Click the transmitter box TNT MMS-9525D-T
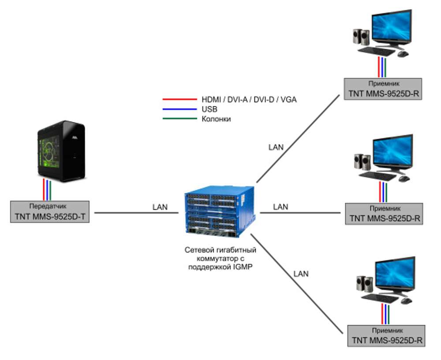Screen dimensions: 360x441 click(50, 212)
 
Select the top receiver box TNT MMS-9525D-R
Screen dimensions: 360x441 click(383, 89)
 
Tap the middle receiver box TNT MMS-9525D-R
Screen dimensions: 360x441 click(383, 214)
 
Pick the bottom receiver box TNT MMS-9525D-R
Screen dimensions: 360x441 click(386, 336)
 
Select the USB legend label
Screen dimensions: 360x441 click(209, 109)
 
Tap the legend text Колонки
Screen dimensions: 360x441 click(216, 119)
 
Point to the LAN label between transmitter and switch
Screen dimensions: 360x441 click(160, 207)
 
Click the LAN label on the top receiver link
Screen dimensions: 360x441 click(276, 147)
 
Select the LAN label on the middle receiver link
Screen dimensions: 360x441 click(280, 207)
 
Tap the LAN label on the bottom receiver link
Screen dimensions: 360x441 click(301, 274)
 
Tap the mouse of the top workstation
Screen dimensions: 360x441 click(403, 53)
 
